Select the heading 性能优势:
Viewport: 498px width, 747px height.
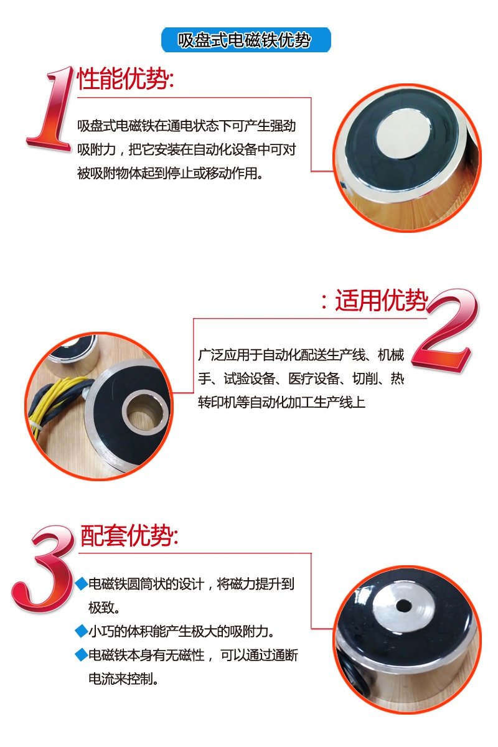click(x=125, y=79)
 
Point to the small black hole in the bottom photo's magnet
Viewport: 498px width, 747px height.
click(x=404, y=604)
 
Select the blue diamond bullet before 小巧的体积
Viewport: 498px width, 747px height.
click(x=81, y=631)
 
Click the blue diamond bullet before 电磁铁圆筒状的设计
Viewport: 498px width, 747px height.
click(x=81, y=584)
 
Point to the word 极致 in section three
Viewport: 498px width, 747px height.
click(x=104, y=607)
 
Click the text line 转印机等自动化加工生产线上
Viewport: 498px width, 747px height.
click(x=281, y=403)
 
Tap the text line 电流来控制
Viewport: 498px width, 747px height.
click(x=123, y=678)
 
